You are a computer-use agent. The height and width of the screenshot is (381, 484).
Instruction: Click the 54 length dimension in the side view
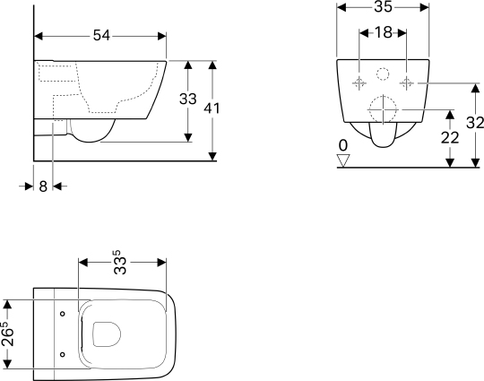(101, 36)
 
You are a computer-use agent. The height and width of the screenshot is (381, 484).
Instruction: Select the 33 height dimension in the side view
(187, 100)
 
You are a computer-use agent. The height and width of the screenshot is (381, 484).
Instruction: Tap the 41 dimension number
(212, 108)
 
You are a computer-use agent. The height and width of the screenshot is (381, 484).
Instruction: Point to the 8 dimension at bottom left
(43, 186)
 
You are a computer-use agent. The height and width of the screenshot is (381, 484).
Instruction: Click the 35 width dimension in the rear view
(383, 6)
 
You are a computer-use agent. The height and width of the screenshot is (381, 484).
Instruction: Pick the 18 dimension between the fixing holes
(384, 32)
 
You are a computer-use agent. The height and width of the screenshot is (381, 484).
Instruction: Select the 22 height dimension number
(450, 138)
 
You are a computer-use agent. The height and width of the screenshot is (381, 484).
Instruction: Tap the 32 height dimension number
(475, 123)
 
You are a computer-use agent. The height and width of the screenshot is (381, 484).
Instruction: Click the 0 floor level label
(343, 146)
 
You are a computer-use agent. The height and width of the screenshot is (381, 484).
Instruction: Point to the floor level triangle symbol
(343, 160)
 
